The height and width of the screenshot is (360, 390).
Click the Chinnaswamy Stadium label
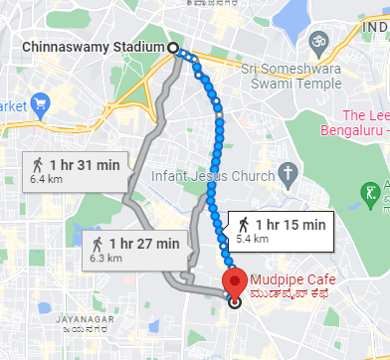[91, 48]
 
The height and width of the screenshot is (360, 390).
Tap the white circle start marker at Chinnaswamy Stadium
[173, 48]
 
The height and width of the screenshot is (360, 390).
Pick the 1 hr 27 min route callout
[135, 250]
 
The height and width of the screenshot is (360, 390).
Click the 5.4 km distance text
[251, 240]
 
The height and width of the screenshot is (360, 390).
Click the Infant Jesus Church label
[212, 176]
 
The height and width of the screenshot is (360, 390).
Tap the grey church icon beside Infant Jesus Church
[288, 174]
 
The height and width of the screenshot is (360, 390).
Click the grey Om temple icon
[318, 43]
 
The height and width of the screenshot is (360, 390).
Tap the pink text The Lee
[364, 116]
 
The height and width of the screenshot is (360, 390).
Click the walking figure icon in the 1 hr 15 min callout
[242, 224]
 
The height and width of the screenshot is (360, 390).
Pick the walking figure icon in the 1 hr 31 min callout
[37, 164]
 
